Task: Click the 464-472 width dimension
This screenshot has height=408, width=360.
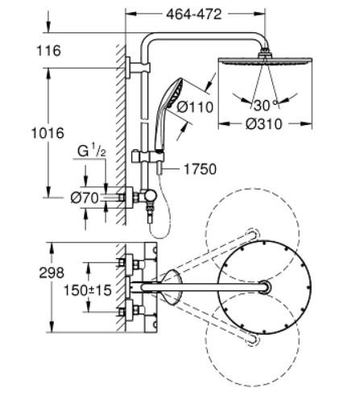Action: point(194,15)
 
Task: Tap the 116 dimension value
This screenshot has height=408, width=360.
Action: point(49,51)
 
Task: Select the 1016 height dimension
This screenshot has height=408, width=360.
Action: point(48,133)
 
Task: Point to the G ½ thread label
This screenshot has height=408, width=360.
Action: point(92,151)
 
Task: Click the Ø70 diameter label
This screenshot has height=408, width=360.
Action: point(85,198)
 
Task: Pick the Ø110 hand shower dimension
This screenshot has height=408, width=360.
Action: point(195,107)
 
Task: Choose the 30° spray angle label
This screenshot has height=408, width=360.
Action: point(265,105)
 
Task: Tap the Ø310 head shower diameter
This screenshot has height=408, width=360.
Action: point(264,124)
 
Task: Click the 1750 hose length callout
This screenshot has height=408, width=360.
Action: point(200,169)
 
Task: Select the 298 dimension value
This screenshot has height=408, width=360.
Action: point(52,273)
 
